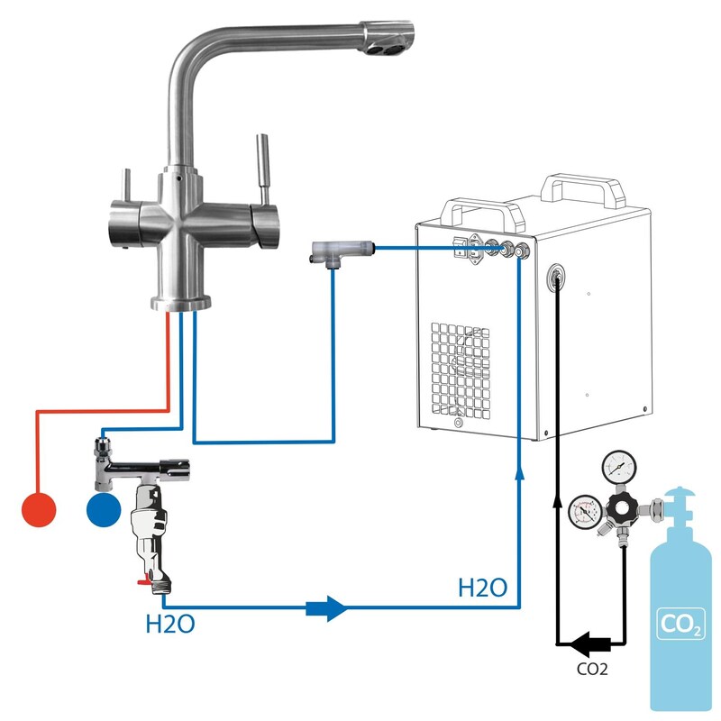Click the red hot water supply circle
[39, 509]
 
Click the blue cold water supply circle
[104, 509]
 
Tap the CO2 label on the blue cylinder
[681, 624]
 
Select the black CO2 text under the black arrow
[592, 669]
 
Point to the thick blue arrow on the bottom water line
[327, 608]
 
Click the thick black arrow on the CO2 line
[590, 644]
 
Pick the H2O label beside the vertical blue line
[482, 588]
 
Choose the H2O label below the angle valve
[170, 624]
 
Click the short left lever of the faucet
[126, 186]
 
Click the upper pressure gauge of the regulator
[619, 466]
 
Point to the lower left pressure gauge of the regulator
[586, 512]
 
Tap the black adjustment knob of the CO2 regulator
[622, 508]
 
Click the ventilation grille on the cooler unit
[461, 371]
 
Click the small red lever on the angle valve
[144, 581]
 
